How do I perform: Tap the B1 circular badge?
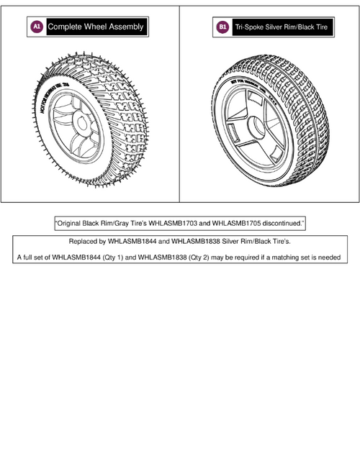point(222,27)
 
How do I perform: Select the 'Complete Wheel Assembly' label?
point(96,27)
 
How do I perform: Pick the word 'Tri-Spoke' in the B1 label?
point(249,27)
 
